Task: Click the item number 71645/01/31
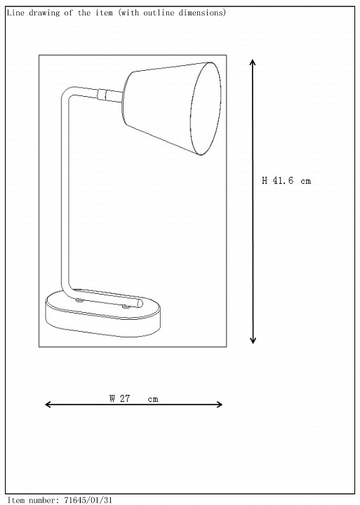[88, 500]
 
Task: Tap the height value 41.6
[283, 180]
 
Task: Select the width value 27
[125, 398]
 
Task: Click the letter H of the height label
[265, 180]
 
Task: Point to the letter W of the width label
[112, 398]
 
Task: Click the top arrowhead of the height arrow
[253, 62]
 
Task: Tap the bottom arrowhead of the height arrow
[253, 340]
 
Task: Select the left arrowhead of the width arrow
[48, 405]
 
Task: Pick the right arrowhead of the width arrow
[219, 405]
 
